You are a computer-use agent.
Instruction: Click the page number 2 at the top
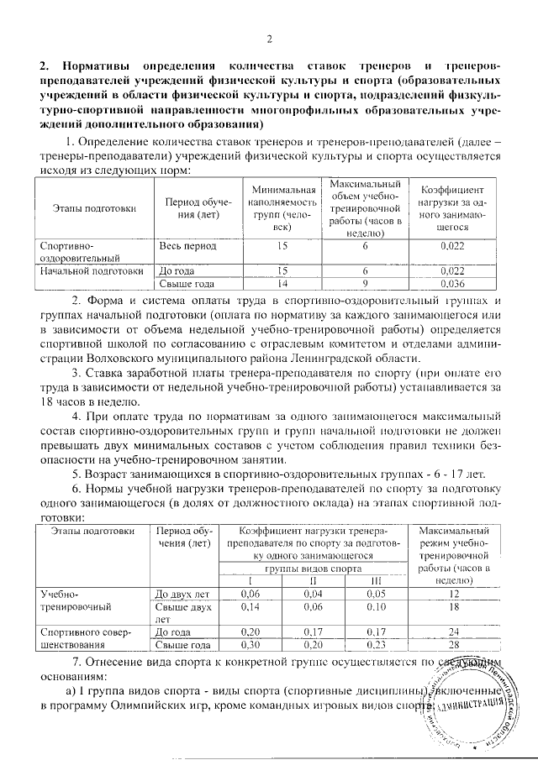pos(270,39)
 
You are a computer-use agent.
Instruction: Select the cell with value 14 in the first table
pos(282,283)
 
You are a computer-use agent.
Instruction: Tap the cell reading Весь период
pos(188,247)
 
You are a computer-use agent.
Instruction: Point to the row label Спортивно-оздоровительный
pos(71,253)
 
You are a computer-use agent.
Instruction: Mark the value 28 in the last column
pos(454,644)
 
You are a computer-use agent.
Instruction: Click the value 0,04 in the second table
pos(313,593)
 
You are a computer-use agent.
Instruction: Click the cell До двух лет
pos(182,594)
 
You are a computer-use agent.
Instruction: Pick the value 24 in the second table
pos(454,632)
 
